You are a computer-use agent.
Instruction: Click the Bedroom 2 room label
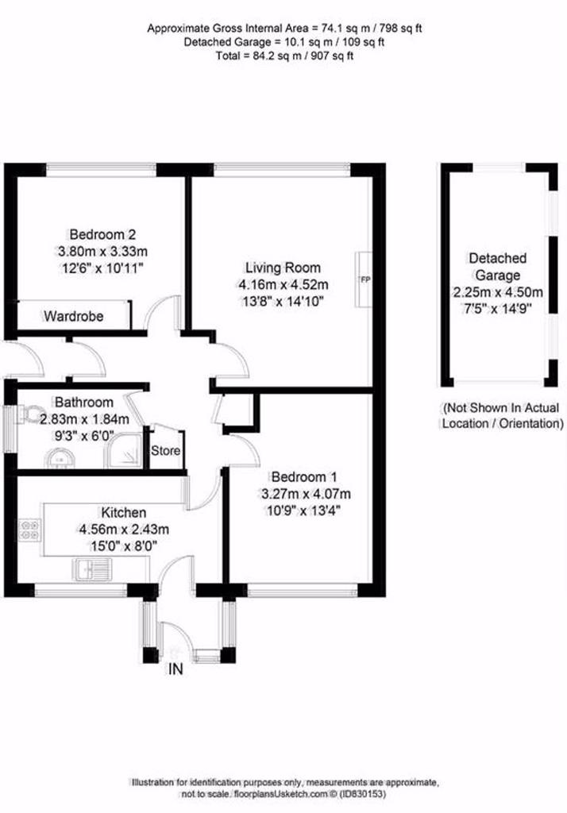click(x=102, y=234)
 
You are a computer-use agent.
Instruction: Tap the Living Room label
click(x=283, y=268)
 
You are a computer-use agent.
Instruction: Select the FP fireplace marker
click(x=365, y=280)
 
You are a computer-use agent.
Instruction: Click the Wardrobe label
click(x=74, y=316)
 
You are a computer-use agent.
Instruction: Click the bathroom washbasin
click(x=60, y=458)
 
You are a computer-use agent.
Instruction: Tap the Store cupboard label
click(x=165, y=451)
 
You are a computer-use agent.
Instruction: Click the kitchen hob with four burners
click(x=29, y=530)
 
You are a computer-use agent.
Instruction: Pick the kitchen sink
click(x=94, y=568)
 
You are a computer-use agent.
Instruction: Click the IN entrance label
click(x=175, y=669)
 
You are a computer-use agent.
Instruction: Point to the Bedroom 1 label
click(x=304, y=476)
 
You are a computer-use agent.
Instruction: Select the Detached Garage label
click(x=497, y=267)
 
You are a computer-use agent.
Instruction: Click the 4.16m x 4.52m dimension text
click(x=283, y=285)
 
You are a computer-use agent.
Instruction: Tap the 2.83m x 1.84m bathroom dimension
click(x=84, y=419)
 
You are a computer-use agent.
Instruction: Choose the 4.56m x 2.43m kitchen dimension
click(x=123, y=530)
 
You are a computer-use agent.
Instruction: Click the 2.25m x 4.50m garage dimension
click(x=498, y=292)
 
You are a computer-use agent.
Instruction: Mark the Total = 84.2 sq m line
click(x=284, y=56)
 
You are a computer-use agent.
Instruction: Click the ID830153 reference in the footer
click(x=365, y=794)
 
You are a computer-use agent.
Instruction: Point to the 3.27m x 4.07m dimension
click(x=305, y=494)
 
